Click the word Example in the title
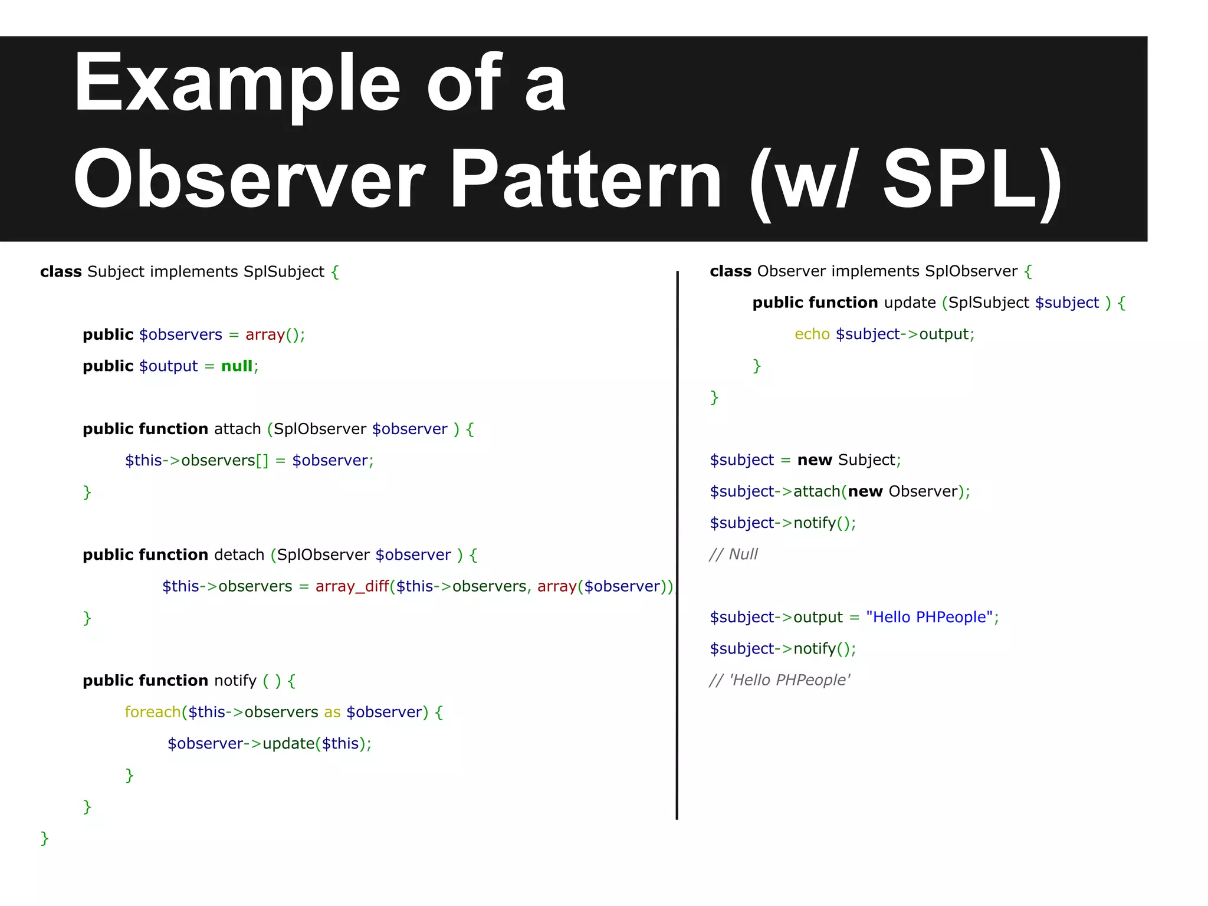[x=236, y=83]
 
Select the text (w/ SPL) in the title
[x=905, y=179]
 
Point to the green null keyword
[x=237, y=366]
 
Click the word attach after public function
[x=237, y=429]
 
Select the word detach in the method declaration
[x=239, y=555]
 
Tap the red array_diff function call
[x=352, y=586]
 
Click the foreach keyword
[x=153, y=713]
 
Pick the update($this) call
[x=311, y=744]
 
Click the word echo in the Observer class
[x=812, y=334]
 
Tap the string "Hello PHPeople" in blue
[x=929, y=618]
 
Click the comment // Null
[x=733, y=554]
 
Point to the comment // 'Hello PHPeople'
[x=779, y=681]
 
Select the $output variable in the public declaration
[x=168, y=366]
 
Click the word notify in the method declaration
[x=235, y=681]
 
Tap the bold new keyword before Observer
[x=865, y=492]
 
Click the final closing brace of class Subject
[x=44, y=838]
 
